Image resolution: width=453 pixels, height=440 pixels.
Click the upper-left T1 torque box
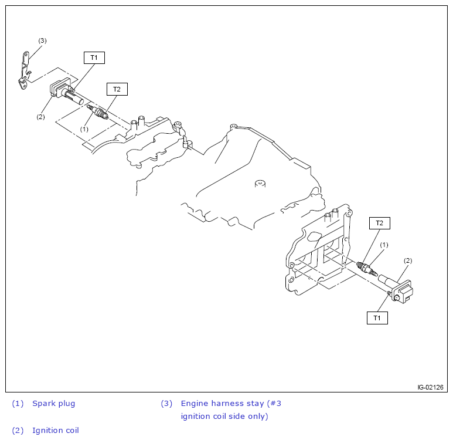[94, 57]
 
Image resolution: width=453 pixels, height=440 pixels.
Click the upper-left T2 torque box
[117, 89]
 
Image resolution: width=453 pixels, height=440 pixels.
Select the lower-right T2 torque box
[379, 223]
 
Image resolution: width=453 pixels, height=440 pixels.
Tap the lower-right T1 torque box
[377, 318]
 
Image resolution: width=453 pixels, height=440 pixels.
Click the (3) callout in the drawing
[42, 40]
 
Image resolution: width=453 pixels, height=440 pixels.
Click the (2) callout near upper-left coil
[40, 117]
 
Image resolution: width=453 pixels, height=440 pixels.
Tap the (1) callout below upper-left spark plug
[84, 128]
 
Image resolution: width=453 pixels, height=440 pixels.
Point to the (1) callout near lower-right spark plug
[384, 244]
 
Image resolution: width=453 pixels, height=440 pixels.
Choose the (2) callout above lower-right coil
[408, 260]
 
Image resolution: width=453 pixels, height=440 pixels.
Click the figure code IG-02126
[430, 387]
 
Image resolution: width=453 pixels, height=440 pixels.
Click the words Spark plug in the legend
[54, 404]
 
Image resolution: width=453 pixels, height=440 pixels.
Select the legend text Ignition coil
[56, 431]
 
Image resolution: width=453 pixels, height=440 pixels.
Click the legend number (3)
[167, 404]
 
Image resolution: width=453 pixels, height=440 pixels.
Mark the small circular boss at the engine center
[261, 184]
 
